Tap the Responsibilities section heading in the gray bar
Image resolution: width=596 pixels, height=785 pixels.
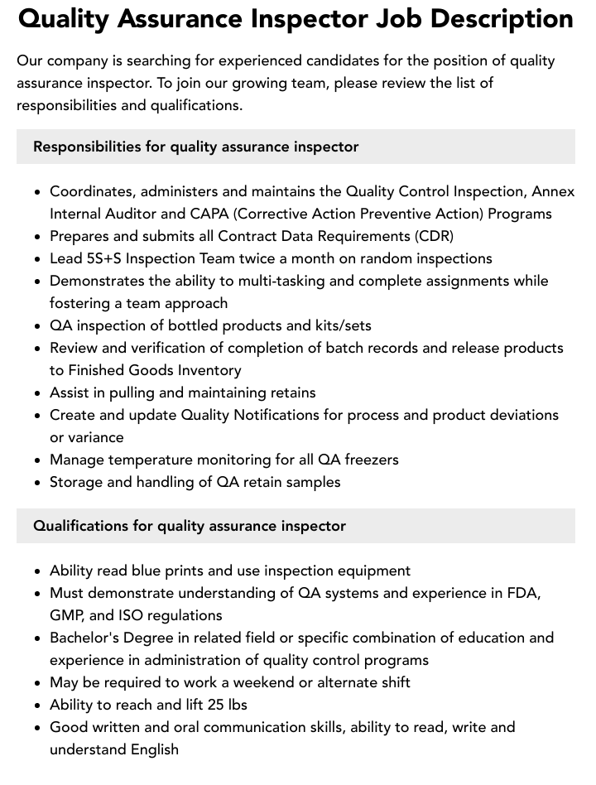[195, 147]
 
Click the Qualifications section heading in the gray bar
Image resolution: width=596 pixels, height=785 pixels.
[190, 526]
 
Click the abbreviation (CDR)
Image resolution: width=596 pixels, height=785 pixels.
[434, 236]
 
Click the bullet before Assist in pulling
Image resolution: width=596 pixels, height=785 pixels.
[37, 393]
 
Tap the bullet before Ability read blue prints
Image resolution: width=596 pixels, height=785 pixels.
[37, 571]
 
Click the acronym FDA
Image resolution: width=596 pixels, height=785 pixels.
[522, 593]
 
